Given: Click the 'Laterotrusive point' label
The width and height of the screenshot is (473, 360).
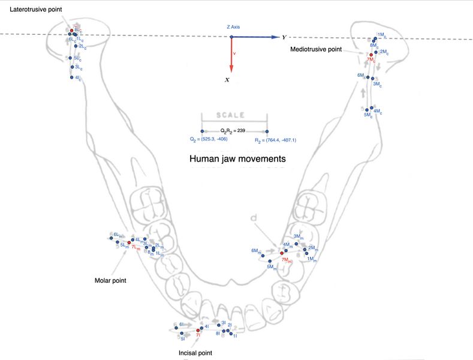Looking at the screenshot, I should (x=35, y=10).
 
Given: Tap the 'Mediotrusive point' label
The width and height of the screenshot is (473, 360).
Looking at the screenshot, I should (x=315, y=49).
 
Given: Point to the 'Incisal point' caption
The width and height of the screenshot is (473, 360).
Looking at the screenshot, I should (x=195, y=353).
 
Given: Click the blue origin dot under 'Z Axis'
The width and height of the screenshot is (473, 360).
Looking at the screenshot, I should (x=231, y=37).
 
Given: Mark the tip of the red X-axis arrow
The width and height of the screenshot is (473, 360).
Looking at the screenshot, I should (x=231, y=71).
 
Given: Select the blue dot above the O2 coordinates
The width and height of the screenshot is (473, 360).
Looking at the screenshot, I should (x=202, y=131).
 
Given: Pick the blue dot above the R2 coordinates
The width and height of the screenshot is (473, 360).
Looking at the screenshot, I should (x=267, y=131).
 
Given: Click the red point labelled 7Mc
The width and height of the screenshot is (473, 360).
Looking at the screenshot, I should (x=371, y=55).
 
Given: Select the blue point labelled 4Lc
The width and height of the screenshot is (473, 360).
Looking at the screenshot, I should (x=71, y=77).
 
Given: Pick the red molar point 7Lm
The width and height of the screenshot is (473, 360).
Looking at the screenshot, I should (x=129, y=242).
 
